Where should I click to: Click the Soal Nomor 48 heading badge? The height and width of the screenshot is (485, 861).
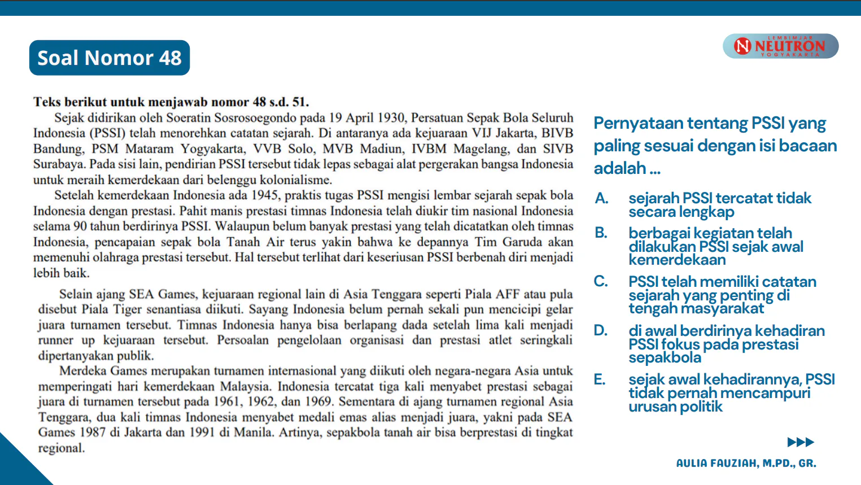[x=110, y=58]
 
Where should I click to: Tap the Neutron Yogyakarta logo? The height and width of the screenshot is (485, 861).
[x=780, y=46]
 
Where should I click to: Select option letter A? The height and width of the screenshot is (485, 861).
[x=601, y=198]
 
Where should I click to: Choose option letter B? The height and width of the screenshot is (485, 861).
[x=601, y=233]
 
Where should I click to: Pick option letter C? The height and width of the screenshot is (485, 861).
[x=601, y=281]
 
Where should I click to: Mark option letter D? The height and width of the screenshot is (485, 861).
[x=601, y=330]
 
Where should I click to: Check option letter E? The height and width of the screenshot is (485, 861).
[x=600, y=379]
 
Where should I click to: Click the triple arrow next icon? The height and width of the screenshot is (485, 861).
[x=801, y=442]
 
